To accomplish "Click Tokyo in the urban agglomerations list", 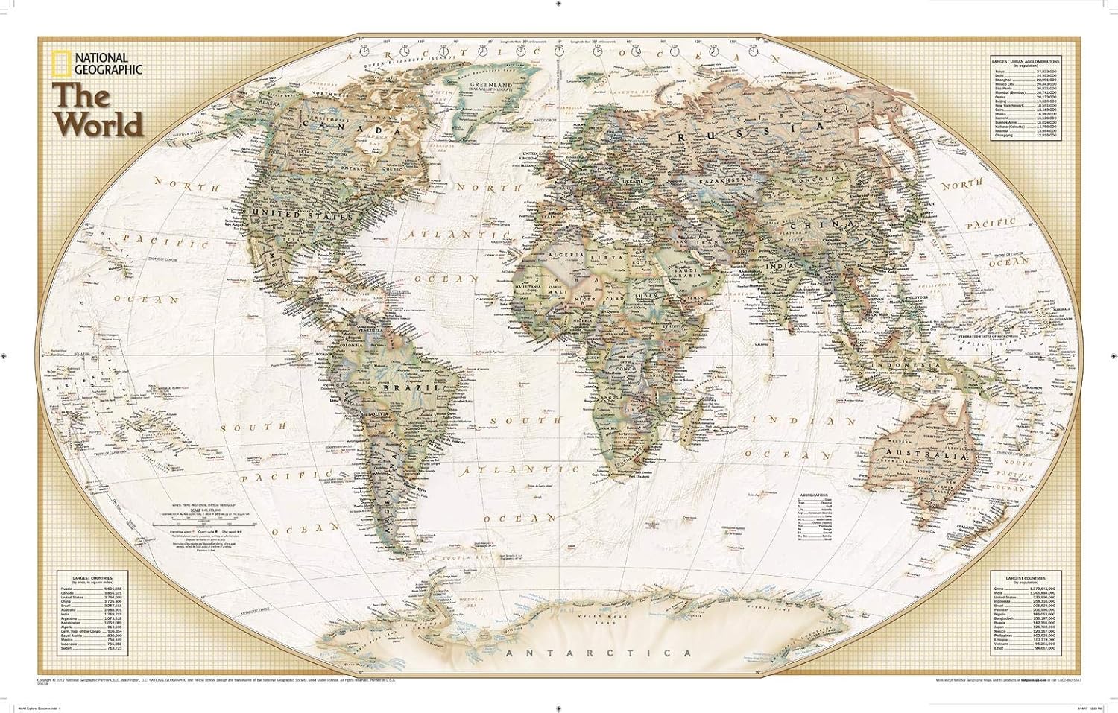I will pyautogui.click(x=999, y=71).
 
